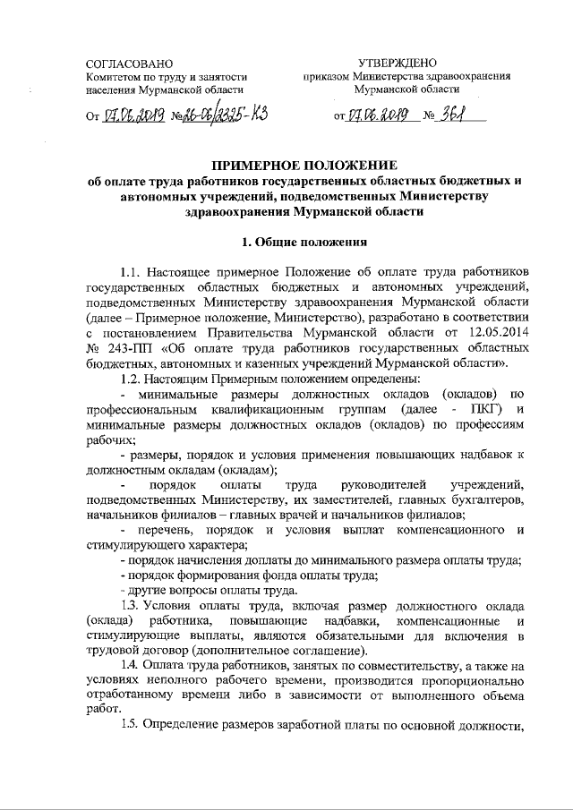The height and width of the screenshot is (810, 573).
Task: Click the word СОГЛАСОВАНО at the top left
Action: pos(123,64)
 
